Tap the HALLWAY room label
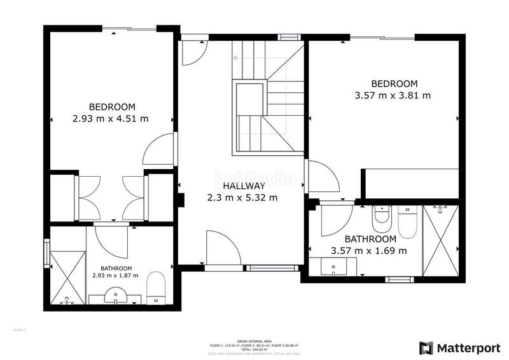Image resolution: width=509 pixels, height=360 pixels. [x=243, y=186]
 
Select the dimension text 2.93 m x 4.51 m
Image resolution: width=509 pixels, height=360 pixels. [x=112, y=118]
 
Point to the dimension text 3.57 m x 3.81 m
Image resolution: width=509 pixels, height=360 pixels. [x=394, y=95]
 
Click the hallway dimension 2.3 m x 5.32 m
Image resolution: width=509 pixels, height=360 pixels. [x=242, y=198]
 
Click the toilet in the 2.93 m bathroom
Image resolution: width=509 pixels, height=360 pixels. [x=156, y=288]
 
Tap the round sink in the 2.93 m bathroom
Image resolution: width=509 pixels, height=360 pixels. [x=115, y=296]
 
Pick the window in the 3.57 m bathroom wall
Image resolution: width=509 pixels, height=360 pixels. [x=400, y=279]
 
